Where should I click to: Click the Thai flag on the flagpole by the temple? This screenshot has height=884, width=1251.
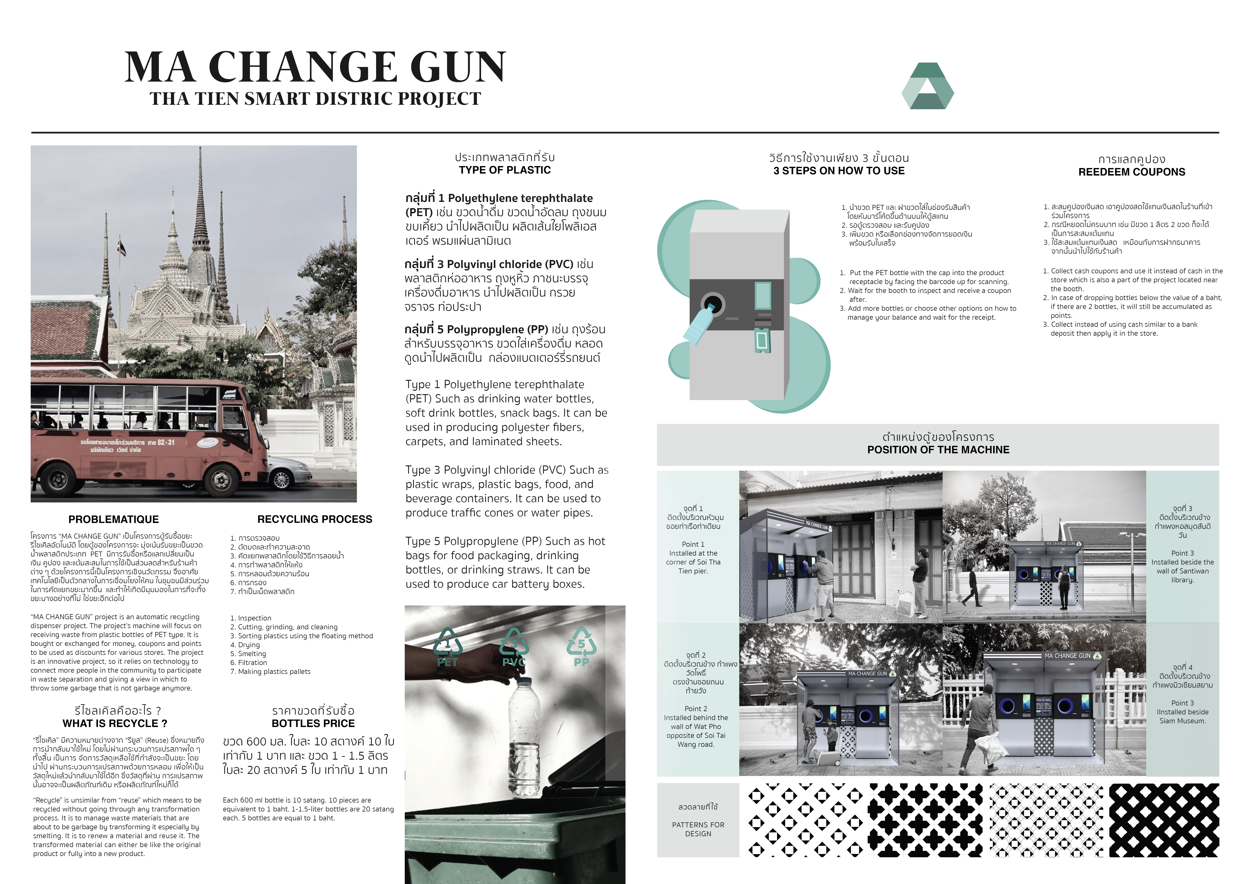tap(121, 249)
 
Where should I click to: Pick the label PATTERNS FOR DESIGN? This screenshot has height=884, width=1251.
tap(698, 829)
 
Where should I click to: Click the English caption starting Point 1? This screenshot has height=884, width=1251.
tap(693, 557)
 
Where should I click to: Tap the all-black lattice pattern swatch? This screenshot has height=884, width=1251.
tap(1164, 820)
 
